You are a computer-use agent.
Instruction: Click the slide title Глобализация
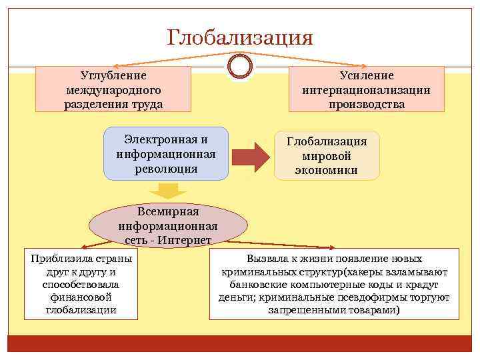(x=240, y=37)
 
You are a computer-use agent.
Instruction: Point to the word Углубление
(x=113, y=76)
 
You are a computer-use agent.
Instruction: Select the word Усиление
(x=366, y=76)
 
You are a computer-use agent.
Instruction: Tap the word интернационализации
(x=366, y=90)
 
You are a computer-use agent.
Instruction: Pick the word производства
(x=366, y=104)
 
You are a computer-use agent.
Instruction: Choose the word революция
(x=166, y=168)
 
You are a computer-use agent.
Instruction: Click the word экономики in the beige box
(x=327, y=170)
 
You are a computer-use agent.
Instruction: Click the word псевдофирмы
(x=385, y=297)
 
